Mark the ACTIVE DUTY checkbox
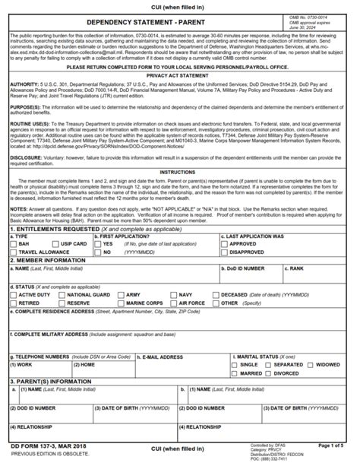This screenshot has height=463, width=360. (14, 293)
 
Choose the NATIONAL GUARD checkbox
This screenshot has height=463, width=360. (63, 293)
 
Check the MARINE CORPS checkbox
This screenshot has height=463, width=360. (122, 302)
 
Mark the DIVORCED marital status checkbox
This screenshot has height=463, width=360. (268, 373)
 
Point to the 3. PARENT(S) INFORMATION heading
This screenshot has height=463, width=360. (52, 381)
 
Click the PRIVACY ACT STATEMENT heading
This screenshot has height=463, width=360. (179, 76)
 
